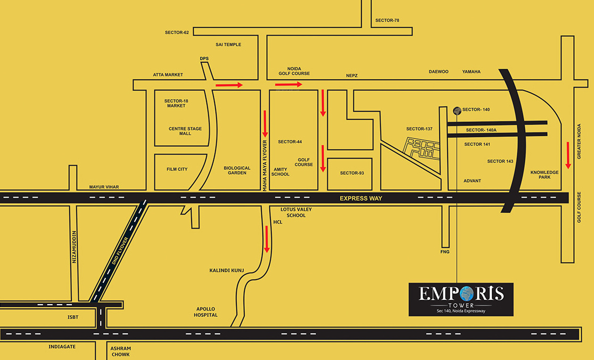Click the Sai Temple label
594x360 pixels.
click(228, 45)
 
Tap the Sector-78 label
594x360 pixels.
click(387, 21)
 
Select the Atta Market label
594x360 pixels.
click(168, 75)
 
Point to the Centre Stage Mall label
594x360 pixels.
click(185, 131)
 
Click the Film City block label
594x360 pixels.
click(177, 169)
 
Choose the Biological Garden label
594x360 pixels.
click(237, 170)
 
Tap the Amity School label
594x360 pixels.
click(280, 172)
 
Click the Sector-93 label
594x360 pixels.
click(352, 173)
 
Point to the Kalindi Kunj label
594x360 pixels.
click(226, 271)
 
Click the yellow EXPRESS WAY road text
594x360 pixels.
click(361, 199)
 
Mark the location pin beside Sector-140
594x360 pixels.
click(457, 110)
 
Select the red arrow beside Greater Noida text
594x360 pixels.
click(568, 155)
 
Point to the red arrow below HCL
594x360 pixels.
click(267, 239)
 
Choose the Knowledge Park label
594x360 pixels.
click(544, 175)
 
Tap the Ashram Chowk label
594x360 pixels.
click(120, 351)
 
